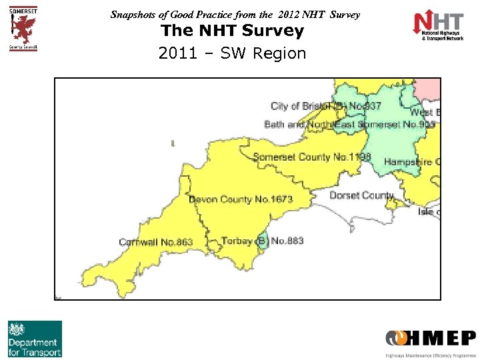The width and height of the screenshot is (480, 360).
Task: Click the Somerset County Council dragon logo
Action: coord(23,28)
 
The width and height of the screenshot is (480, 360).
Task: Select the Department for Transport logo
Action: coord(35,339)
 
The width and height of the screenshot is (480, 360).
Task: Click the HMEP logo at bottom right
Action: coord(430,341)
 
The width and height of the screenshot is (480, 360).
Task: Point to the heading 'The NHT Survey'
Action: coord(232,31)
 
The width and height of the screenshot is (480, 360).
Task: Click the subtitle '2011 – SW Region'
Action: coord(232,53)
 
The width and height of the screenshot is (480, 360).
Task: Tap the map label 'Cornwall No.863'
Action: coord(156,242)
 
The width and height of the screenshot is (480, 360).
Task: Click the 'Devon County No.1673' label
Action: coord(241,199)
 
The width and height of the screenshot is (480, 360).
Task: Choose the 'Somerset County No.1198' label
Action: coord(311,157)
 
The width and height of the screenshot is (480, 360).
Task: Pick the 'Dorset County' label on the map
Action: coord(361,195)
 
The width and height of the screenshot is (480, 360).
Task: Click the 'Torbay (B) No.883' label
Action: coord(262,241)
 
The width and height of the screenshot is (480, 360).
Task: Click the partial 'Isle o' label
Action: coord(426,211)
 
